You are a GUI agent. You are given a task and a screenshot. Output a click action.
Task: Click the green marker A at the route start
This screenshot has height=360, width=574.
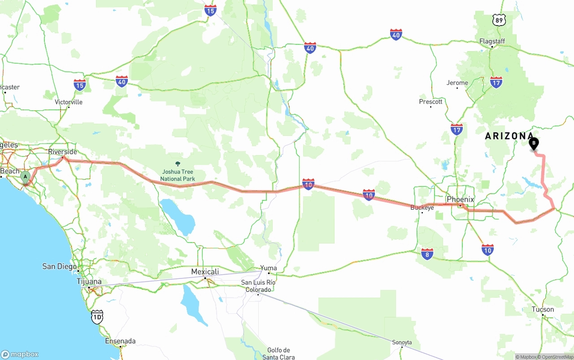(x=26, y=177)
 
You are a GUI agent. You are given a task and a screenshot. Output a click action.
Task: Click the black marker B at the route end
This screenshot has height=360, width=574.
(x=534, y=144)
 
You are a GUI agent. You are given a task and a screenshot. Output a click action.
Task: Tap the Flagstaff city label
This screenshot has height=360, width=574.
(x=492, y=41)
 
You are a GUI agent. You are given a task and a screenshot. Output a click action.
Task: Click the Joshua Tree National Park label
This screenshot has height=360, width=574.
(x=178, y=175)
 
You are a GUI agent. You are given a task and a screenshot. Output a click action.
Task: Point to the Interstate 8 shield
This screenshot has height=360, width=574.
(x=427, y=254)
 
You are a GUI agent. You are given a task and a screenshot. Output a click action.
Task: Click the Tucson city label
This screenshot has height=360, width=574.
(x=543, y=309)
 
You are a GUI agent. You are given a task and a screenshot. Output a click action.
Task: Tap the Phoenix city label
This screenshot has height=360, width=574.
(x=460, y=200)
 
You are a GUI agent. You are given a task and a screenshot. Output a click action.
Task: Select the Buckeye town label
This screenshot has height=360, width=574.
(x=422, y=208)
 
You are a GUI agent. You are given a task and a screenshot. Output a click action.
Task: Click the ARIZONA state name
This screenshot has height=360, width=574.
(x=509, y=136)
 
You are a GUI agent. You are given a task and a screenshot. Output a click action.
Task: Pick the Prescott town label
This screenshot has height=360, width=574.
(x=430, y=102)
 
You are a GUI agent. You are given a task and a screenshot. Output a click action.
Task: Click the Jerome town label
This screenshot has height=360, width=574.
(x=457, y=83)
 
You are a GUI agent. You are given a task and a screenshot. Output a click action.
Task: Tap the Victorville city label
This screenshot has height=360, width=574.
(x=69, y=102)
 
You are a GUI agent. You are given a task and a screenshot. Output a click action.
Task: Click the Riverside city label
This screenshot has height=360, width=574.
(x=63, y=152)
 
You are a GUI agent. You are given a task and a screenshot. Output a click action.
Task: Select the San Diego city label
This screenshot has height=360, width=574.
(x=60, y=266)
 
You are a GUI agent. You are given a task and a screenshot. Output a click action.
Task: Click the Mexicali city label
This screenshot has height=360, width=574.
(x=205, y=272)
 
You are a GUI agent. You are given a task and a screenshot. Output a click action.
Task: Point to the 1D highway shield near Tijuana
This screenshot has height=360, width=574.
(x=97, y=317)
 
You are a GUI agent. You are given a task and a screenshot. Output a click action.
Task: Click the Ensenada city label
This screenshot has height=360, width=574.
(x=120, y=341)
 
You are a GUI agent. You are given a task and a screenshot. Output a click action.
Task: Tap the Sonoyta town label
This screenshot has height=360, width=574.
(x=402, y=342)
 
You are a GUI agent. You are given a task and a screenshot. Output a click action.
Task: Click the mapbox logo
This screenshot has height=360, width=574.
(x=20, y=354)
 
